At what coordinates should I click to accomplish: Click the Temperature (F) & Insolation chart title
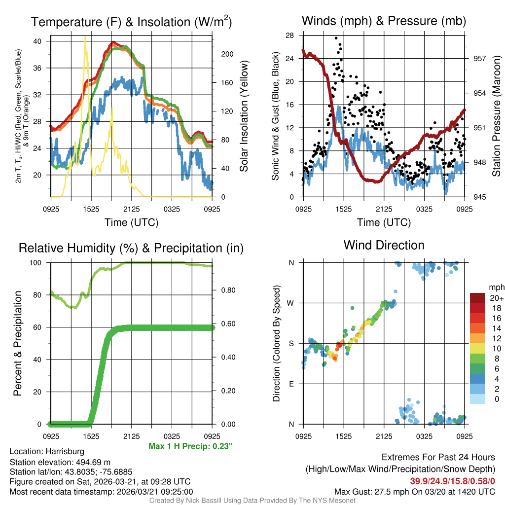pyautogui.click(x=131, y=22)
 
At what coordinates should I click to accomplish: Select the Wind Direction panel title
pyautogui.click(x=384, y=245)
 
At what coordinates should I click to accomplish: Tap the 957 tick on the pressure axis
pyautogui.click(x=479, y=58)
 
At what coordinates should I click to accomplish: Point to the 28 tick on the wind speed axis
pyautogui.click(x=290, y=36)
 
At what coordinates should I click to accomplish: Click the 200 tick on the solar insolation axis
pyautogui.click(x=226, y=54)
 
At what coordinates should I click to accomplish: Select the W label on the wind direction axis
pyautogui.click(x=291, y=303)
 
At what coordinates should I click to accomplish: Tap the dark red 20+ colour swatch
pyautogui.click(x=477, y=297)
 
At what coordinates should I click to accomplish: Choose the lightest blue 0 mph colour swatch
pyautogui.click(x=477, y=399)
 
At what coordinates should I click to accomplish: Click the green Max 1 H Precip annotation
pyautogui.click(x=190, y=446)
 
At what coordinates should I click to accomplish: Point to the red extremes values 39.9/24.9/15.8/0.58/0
pyautogui.click(x=452, y=481)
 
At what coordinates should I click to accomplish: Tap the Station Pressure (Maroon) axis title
pyautogui.click(x=497, y=116)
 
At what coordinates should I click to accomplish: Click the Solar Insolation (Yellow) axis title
pyautogui.click(x=244, y=116)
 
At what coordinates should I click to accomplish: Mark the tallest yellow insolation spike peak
pyautogui.click(x=85, y=37)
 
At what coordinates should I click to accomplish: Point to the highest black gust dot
pyautogui.click(x=336, y=38)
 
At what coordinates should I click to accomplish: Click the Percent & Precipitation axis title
pyautogui.click(x=17, y=343)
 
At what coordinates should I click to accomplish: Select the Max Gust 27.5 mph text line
pyautogui.click(x=414, y=491)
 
